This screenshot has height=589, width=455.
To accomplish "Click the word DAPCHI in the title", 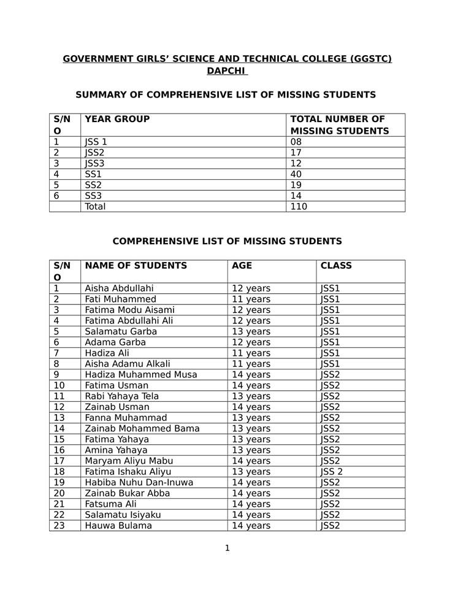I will (x=226, y=71).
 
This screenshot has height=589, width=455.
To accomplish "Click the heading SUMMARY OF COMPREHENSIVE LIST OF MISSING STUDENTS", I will (x=226, y=95).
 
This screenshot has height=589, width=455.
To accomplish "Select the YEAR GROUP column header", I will (x=117, y=119).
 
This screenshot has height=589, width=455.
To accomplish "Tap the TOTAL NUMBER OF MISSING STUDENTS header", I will (x=339, y=125).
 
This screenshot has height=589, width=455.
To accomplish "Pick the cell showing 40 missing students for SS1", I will (x=296, y=174).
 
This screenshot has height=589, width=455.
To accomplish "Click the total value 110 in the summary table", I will (x=299, y=207).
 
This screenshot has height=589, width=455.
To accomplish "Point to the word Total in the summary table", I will (x=95, y=207).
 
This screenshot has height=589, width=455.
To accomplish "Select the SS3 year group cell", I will (x=93, y=196).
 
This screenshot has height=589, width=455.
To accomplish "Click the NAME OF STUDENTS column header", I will (x=136, y=266).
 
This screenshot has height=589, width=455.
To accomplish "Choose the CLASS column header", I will (x=336, y=266).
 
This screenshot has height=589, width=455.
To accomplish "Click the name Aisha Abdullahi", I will (x=119, y=288).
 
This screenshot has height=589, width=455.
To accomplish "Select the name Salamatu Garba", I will (x=121, y=331).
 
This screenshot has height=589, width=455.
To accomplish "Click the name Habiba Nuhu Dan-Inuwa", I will (x=139, y=482).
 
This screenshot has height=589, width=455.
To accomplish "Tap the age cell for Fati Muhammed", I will (x=251, y=299).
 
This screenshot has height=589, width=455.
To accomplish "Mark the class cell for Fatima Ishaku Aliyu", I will (x=332, y=472).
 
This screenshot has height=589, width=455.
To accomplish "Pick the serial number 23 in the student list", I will (x=59, y=526).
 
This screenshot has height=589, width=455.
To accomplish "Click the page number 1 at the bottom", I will (x=227, y=548).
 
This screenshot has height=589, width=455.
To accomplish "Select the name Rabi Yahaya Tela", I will (x=121, y=396).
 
